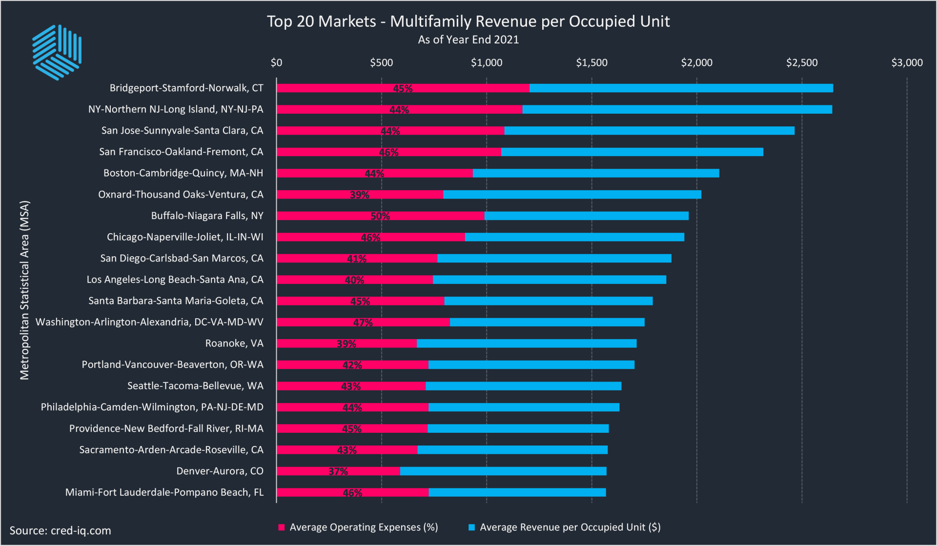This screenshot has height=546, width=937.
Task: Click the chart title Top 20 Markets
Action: [468, 21]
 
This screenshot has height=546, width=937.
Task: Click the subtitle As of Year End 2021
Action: [468, 40]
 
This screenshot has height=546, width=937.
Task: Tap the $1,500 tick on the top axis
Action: [591, 62]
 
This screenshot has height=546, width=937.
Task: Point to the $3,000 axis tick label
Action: [907, 62]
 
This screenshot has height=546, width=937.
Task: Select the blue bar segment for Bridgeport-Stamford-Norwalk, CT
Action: [681, 88]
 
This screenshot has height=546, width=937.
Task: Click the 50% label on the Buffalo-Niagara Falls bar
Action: [380, 216]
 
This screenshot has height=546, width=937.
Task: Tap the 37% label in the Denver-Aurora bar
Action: [338, 471]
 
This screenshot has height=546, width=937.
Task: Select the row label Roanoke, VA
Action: [234, 344]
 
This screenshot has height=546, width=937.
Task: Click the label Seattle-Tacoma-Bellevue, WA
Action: [195, 386]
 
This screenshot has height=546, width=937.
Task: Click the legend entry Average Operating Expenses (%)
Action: [363, 527]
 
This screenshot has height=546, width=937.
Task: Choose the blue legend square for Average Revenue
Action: [471, 527]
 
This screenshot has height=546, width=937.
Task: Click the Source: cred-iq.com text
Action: [61, 531]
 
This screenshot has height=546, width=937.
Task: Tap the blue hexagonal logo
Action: [57, 52]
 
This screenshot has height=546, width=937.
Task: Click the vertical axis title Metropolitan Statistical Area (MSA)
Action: [24, 290]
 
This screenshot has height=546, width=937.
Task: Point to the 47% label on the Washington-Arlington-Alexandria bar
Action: [363, 323]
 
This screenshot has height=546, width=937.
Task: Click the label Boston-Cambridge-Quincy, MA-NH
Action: [183, 173]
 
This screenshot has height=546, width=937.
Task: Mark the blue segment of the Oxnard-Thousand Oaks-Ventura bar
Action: [572, 195]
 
